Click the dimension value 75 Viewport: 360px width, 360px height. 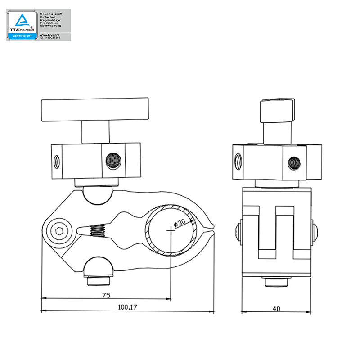pos(106,295)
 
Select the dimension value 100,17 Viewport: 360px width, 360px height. pos(127,307)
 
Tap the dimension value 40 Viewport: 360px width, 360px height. pos(276,309)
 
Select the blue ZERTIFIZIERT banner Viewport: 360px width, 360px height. pos(22,36)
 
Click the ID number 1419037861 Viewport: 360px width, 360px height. pos(53,38)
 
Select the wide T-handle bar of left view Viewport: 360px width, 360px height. pos(95,110)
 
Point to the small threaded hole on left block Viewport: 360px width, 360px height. pos(56,160)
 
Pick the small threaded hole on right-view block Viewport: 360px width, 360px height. pos(237,160)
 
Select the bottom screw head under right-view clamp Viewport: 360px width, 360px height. pos(276,283)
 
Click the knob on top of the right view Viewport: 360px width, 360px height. pos(276,110)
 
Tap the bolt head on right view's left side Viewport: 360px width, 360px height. pos(238,231)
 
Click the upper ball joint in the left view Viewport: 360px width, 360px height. pos(95,194)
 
